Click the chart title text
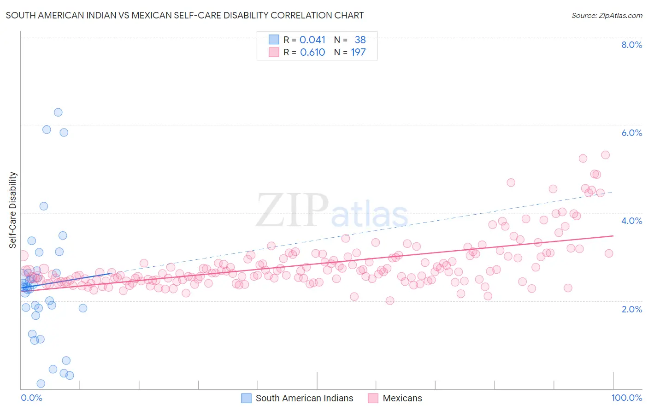click(184, 16)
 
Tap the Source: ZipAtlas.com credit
click(607, 16)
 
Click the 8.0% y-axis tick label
click(631, 45)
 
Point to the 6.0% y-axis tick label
click(631, 133)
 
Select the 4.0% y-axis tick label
click(631, 221)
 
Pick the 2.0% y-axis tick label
click(631, 309)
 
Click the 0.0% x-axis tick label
click(31, 398)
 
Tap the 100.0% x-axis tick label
click(626, 398)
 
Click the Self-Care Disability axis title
click(12, 210)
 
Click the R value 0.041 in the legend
click(312, 40)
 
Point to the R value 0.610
click(312, 53)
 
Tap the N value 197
click(358, 53)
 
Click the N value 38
click(360, 40)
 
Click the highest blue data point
click(58, 112)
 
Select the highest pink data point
click(606, 155)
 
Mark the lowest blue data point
click(41, 384)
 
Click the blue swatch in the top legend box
click(274, 40)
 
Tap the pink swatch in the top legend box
click(274, 53)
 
